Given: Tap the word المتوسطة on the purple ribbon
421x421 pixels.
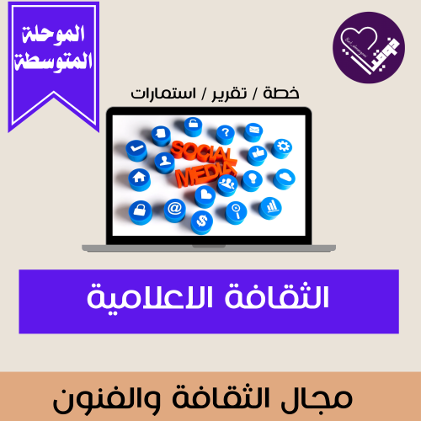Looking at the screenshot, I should (53, 62).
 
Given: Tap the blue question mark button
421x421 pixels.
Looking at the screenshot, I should (226, 133).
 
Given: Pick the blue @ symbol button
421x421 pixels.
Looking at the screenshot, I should (174, 207).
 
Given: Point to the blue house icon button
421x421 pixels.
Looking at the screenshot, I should (138, 179).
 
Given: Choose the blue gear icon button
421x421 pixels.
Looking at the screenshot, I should (282, 146).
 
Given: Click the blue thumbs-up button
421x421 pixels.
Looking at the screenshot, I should (257, 155).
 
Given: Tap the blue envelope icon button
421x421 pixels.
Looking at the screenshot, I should (255, 131).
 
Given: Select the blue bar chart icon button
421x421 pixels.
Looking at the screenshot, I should (270, 205).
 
